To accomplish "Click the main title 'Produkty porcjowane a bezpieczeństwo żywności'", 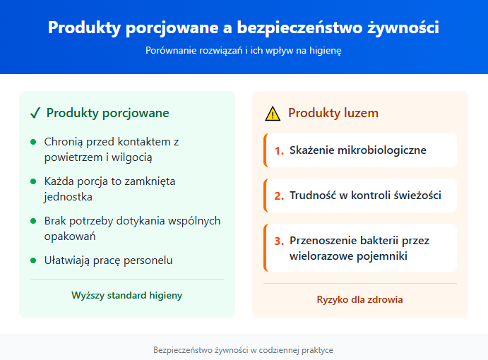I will [244, 28].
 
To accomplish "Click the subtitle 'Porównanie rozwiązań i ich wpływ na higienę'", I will [244, 51].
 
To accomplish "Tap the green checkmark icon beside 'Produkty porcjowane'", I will [35, 113].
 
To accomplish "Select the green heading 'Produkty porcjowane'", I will [107, 113].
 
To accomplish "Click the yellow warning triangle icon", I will [273, 114].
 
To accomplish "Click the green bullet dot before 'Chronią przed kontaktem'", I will [33, 142].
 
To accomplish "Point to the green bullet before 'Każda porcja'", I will [33, 181].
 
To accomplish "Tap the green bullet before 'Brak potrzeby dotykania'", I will [33, 221].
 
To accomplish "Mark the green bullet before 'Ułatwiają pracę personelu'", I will [33, 260].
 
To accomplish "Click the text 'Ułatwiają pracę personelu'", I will [108, 260].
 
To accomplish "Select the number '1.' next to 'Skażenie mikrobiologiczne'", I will [279, 150].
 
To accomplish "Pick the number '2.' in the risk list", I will [279, 196].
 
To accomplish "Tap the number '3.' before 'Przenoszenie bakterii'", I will [279, 241].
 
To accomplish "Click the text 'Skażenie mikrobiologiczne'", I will [358, 150].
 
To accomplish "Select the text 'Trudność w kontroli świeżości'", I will [365, 196].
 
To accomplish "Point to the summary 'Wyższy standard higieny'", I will [126, 295].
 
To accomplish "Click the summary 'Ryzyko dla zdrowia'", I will [359, 299].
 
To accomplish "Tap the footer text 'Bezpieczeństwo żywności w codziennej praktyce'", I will [244, 349].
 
